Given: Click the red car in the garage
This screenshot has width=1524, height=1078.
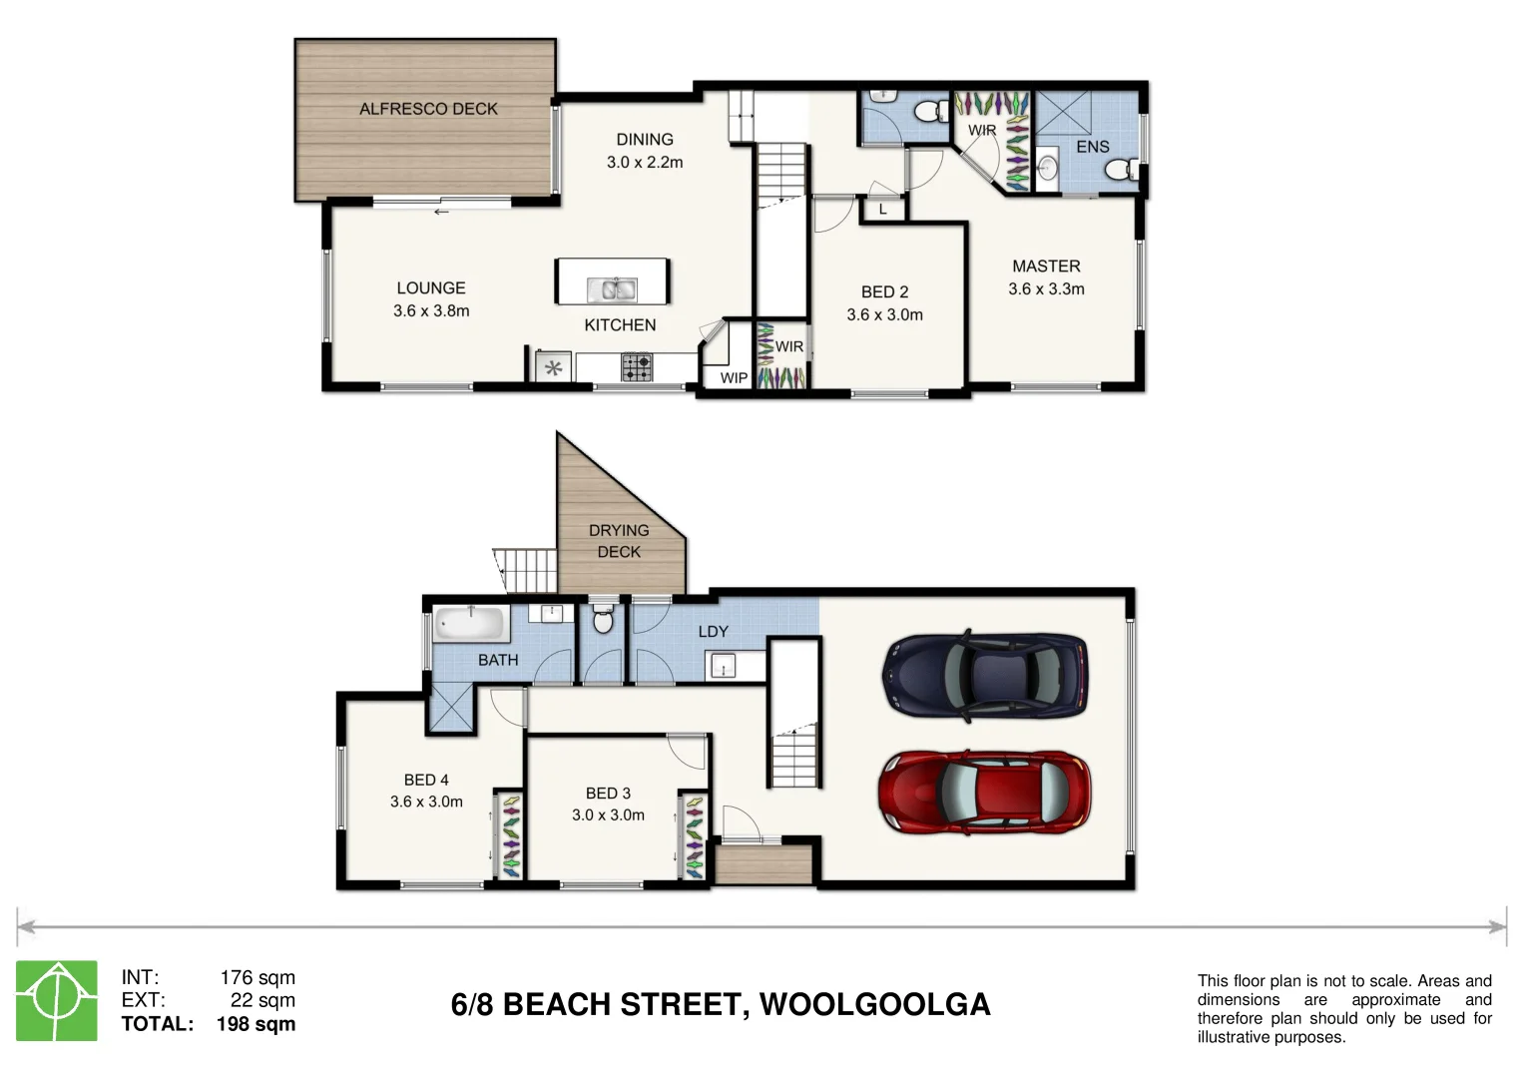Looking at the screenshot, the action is (984, 793).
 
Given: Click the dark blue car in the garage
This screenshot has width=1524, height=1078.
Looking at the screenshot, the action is (985, 675).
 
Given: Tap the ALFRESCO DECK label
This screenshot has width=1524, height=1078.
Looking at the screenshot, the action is (428, 109).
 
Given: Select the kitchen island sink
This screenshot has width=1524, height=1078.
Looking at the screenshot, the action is (613, 289).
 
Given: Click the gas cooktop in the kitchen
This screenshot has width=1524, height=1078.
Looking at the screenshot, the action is (637, 367).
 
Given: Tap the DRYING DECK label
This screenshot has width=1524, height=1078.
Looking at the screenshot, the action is (619, 541).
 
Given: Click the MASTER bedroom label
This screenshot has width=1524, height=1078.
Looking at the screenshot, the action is (1046, 267).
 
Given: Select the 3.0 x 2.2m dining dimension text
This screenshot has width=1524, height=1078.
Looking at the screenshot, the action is (645, 163).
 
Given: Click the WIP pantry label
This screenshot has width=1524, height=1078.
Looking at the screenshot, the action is (735, 378).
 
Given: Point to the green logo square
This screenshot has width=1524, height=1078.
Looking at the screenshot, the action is (57, 1000).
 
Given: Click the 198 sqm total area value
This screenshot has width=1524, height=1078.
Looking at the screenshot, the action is (255, 1024).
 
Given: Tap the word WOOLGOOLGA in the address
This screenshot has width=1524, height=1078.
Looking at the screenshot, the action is (875, 1005).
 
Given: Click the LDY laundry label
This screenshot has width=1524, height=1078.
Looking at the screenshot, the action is (713, 632).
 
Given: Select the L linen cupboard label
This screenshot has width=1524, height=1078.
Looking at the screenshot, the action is (883, 210).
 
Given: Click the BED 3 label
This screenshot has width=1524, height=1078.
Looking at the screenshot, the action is (608, 794).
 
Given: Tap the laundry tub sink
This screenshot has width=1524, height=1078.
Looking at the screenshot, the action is (724, 665).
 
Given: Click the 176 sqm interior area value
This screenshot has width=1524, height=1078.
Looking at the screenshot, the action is (257, 978).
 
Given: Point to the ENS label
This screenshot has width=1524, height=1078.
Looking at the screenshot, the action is (1093, 147).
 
